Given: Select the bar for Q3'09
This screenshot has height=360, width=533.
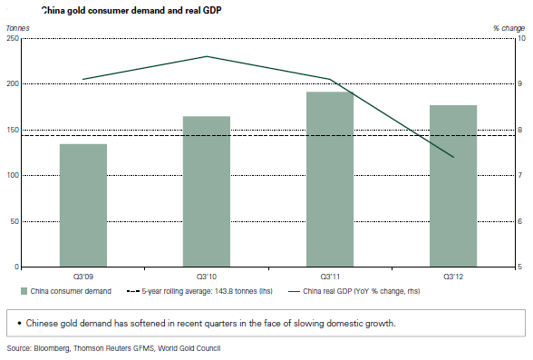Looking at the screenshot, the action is [83, 205].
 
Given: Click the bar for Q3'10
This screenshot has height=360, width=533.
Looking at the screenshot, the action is [207, 191].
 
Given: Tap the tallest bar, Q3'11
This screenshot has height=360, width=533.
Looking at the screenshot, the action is [330, 180].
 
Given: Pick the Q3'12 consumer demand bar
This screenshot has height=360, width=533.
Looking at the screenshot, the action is [453, 186].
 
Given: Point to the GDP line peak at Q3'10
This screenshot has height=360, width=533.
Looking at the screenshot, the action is [207, 56].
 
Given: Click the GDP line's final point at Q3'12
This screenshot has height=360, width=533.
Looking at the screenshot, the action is [453, 157].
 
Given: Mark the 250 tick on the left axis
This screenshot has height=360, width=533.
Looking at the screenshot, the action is [13, 38].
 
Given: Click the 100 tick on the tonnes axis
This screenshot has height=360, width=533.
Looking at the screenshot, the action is [13, 175].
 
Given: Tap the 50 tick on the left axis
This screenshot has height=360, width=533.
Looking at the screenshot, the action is [15, 221].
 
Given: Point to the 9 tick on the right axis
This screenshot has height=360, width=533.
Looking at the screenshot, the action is [519, 83].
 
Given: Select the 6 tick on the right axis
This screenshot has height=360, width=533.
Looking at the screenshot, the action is [519, 221].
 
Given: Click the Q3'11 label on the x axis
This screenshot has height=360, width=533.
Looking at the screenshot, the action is [330, 277].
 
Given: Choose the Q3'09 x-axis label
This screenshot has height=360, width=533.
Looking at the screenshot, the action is [83, 277].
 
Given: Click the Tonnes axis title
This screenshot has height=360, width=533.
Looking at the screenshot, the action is [18, 28].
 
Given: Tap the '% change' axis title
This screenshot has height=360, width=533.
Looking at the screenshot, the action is [509, 28].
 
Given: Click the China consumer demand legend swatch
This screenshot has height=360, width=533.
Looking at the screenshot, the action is [24, 291].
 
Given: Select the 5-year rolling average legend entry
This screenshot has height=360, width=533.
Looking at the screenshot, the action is [199, 291].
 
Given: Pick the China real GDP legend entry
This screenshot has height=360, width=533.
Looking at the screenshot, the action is [354, 291].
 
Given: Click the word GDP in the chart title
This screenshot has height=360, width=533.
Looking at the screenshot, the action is [212, 11].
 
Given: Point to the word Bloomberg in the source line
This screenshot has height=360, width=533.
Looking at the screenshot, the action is [52, 348].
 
